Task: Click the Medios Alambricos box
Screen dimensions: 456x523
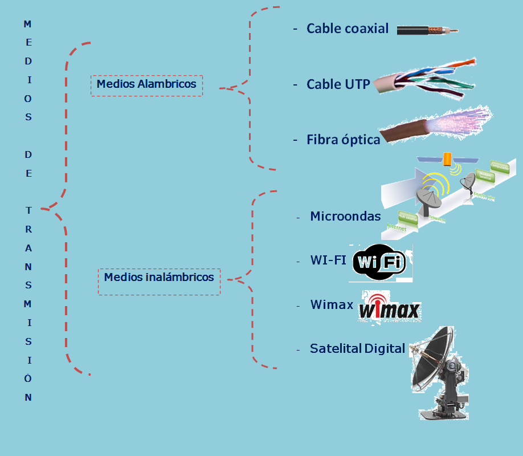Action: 146,85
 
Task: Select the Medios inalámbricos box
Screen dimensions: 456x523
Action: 159,278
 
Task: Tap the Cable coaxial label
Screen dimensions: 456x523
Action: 347,28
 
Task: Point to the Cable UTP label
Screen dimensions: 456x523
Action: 338,84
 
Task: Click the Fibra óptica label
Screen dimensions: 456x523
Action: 343,139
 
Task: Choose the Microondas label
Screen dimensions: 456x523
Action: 345,216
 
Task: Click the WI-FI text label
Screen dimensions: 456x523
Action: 328,260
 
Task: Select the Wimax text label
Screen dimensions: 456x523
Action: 332,305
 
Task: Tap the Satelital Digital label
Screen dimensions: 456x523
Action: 357,348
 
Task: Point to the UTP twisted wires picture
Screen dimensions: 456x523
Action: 425,83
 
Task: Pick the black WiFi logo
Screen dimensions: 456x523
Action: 379,263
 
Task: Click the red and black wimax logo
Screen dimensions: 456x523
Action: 389,308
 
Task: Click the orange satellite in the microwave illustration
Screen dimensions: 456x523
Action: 448,157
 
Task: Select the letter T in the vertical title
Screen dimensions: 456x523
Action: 28,210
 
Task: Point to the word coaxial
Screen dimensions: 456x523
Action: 366,28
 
